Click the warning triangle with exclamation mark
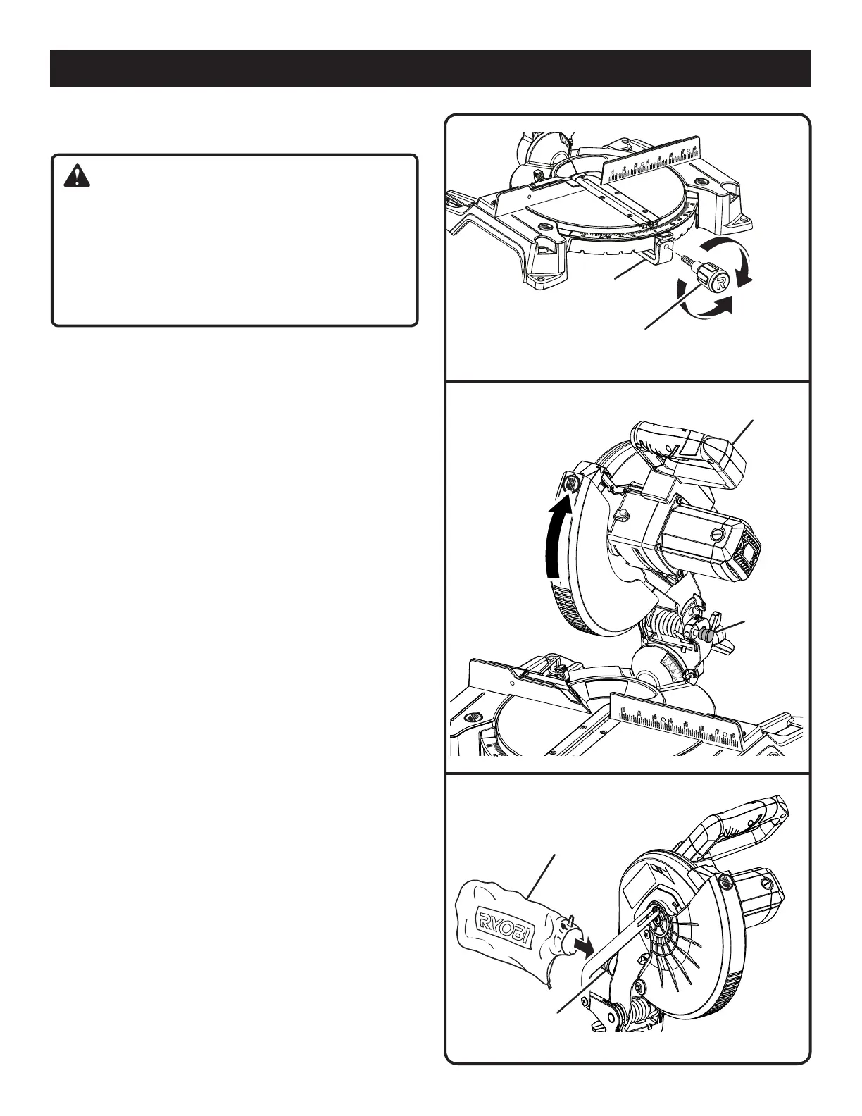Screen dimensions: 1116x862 point(77,175)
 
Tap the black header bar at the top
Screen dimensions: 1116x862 point(430,68)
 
